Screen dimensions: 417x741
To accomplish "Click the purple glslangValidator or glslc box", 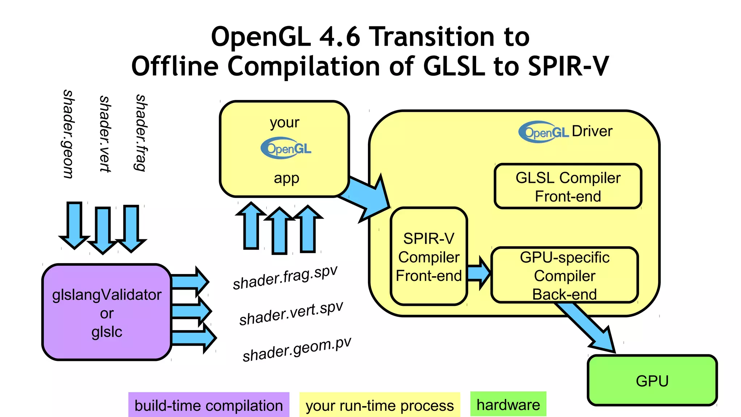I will point(106,312).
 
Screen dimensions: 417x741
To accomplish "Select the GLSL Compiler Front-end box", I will point(568,186).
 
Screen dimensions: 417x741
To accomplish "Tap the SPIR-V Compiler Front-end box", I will point(429,257).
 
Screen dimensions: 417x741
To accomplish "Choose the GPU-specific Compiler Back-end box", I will point(564,275).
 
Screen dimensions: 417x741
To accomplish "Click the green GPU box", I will point(652,381).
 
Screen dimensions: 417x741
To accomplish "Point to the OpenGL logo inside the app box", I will point(286,148).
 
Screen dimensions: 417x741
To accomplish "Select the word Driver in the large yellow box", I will point(592,131).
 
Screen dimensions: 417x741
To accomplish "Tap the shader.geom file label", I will point(68,134).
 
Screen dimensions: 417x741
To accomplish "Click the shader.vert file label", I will point(105,134).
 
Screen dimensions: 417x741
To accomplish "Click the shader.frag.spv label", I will point(285,278).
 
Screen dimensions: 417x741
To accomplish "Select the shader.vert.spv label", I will point(291,313).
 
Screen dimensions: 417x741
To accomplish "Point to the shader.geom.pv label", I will point(297,349).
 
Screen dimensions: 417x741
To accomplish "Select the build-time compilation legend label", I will point(209,405).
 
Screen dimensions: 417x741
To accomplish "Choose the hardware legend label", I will point(508,405).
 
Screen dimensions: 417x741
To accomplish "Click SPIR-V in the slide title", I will point(568,67).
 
